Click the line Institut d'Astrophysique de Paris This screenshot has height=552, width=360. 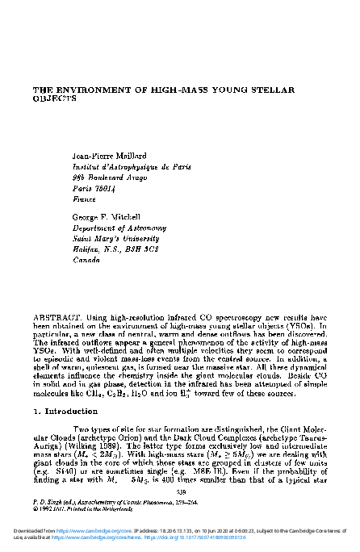[x=131, y=166]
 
